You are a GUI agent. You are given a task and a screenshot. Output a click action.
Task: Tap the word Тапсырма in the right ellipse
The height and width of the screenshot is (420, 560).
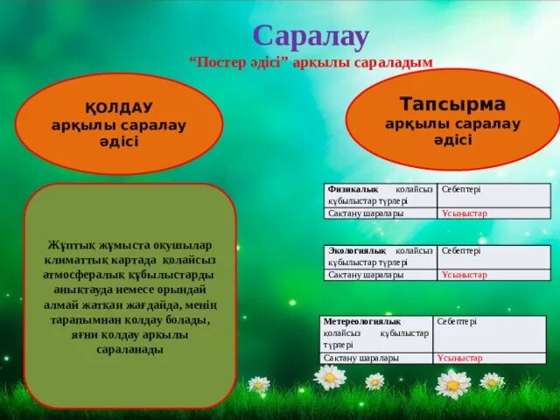coord(452,104)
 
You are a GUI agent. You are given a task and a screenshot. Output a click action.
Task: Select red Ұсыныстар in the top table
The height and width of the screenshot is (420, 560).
coord(465,213)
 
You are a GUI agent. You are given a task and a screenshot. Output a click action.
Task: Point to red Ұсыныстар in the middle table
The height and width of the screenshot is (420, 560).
coord(465,275)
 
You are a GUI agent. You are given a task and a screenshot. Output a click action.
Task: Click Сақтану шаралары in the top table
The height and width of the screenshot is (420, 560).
coord(365,213)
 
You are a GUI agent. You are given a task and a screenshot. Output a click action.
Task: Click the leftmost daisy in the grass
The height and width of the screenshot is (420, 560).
coord(259,384)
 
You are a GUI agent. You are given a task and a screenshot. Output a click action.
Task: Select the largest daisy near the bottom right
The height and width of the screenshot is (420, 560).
coord(453,383)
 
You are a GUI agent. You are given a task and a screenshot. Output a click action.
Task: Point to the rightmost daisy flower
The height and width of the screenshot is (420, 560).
coord(492,381)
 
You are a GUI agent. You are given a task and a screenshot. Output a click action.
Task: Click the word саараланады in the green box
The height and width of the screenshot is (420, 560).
coord(130,349)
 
